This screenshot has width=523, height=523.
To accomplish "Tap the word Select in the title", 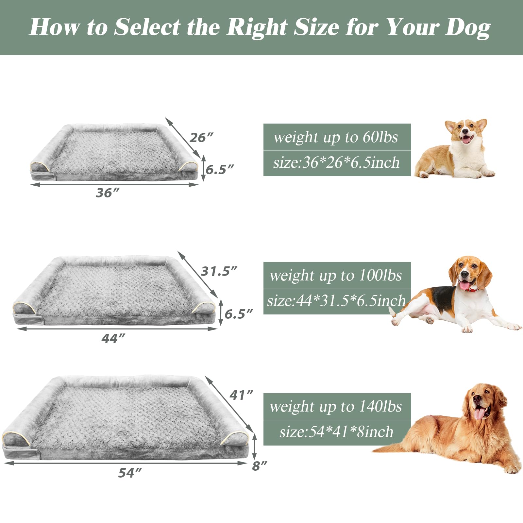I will [x=147, y=27].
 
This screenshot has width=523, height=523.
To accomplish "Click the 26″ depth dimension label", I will [x=201, y=138].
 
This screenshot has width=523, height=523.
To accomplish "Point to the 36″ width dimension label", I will [x=108, y=193].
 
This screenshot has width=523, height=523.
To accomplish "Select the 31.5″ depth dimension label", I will [x=219, y=271].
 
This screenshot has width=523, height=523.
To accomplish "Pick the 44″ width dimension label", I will [x=113, y=339].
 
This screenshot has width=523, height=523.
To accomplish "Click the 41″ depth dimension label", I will [x=241, y=395].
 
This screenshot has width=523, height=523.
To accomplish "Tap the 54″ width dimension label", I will [x=130, y=473].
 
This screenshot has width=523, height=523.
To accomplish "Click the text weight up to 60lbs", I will [x=336, y=137].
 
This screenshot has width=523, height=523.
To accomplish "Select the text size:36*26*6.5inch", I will [x=336, y=162].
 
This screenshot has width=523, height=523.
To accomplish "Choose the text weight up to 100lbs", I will [x=336, y=275].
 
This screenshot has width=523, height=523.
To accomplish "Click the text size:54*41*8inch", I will [x=336, y=432].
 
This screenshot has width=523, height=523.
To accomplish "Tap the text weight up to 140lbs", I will [x=336, y=406].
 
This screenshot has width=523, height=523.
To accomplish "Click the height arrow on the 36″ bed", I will [x=203, y=168].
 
